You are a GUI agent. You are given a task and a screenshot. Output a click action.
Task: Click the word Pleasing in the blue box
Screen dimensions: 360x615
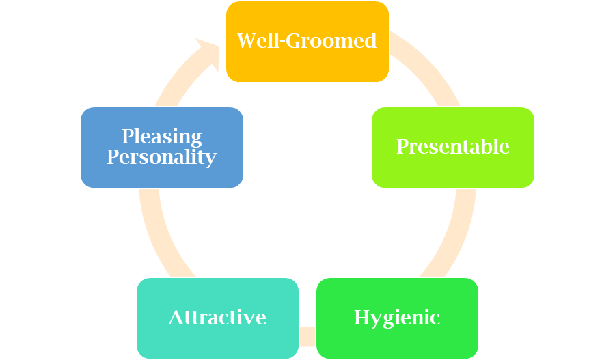click(x=161, y=137)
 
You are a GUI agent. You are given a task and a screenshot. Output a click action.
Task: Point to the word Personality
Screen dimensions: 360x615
click(x=161, y=157)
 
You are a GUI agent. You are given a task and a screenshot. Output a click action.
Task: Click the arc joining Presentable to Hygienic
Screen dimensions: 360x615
click(x=456, y=232)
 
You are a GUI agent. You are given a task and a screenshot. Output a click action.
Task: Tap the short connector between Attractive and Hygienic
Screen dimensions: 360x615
click(x=307, y=336)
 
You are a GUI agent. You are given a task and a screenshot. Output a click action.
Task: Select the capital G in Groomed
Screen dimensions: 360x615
click(x=294, y=41)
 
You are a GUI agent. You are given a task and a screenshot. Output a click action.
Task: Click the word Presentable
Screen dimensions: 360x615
click(x=452, y=147)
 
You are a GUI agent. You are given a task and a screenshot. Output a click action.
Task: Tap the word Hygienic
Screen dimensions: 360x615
click(x=397, y=318)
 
